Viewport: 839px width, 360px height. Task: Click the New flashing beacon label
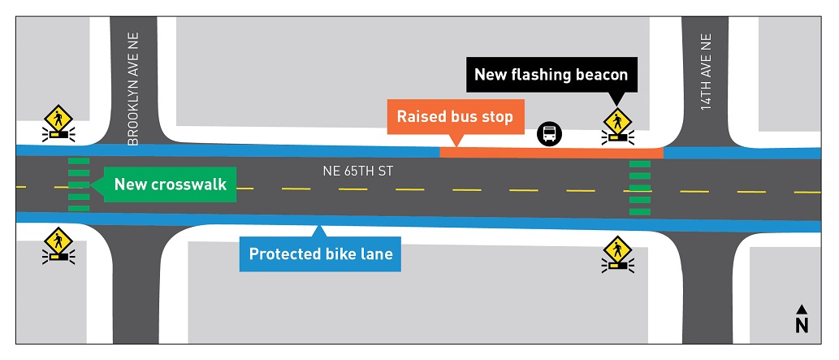click(x=551, y=75)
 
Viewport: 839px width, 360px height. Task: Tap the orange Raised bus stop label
click(x=455, y=117)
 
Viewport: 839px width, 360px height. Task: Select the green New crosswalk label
click(x=170, y=184)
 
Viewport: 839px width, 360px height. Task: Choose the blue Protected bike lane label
click(x=320, y=254)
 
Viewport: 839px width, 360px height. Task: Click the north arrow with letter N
click(x=802, y=319)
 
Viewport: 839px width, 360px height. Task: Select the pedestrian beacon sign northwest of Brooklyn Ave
click(x=58, y=123)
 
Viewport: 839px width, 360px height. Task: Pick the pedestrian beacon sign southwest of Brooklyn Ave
click(x=58, y=245)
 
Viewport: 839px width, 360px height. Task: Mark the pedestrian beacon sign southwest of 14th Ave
click(x=617, y=253)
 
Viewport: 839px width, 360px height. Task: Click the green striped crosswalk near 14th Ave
click(x=640, y=189)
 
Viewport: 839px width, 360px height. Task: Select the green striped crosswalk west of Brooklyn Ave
click(x=79, y=184)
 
